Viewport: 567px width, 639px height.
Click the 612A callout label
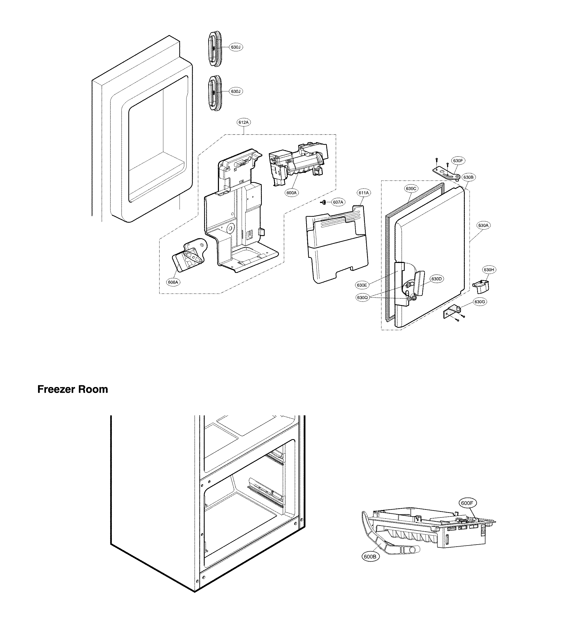(243, 122)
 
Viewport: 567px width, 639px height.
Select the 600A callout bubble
(291, 193)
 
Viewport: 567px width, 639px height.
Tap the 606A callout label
(173, 282)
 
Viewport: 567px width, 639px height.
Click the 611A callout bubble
(364, 193)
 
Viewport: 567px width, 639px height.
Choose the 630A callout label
(483, 225)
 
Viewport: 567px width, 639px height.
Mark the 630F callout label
(458, 161)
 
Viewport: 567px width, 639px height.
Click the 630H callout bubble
(489, 270)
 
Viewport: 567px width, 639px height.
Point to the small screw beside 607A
(324, 203)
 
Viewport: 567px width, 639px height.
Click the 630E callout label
(362, 285)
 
